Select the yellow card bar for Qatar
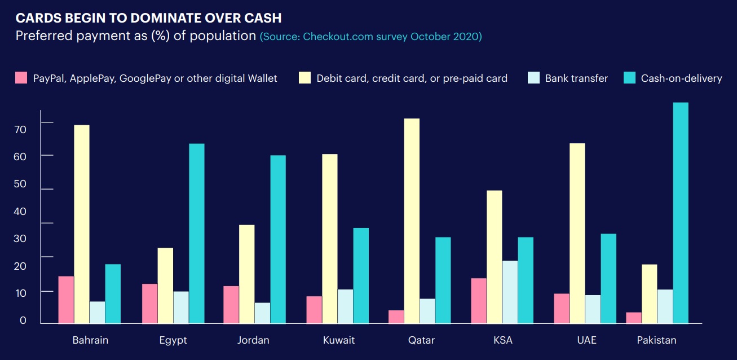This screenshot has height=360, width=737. point(412,221)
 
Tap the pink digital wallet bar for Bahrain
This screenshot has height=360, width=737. point(66,300)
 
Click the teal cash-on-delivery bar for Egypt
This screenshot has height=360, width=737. point(197,234)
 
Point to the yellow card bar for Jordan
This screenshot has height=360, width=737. point(246,274)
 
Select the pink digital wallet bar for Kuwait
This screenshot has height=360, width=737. point(314,310)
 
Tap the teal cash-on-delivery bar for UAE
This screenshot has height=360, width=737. point(608,278)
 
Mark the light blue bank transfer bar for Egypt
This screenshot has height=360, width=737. point(181,307)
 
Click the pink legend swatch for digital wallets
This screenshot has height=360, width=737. point(21,78)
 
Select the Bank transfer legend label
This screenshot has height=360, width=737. point(576,78)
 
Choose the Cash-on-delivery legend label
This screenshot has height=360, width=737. point(681,78)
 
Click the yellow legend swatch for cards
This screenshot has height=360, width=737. point(304,78)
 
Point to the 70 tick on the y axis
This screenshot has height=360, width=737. point(20,129)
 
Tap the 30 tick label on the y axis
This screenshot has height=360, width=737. point(20,239)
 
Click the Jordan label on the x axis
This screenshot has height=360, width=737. point(253,340)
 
